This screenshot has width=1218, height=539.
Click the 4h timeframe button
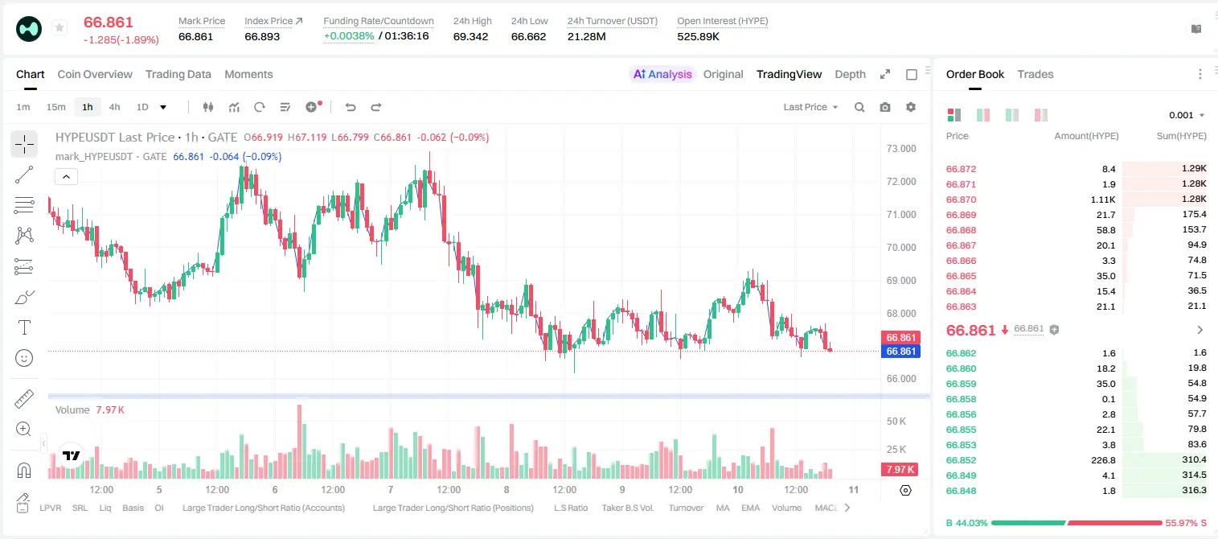114,107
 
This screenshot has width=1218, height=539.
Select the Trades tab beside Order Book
1036,74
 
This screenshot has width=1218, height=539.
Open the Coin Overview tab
95,74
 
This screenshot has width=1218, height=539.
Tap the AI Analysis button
662,74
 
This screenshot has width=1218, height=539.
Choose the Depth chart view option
850,74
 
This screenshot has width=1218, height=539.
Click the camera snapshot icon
885,107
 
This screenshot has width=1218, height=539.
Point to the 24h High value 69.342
471,36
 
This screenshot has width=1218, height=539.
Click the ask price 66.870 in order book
961,200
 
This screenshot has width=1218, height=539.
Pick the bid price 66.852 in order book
961,460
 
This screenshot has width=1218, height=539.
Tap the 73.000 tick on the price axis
901,149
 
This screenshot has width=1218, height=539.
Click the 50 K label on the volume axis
896,421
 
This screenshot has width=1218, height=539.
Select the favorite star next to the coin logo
59,27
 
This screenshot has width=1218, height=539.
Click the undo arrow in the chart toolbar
351,107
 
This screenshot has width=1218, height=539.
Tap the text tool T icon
24,327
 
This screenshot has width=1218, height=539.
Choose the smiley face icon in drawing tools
24,358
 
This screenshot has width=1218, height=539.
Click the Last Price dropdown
810,107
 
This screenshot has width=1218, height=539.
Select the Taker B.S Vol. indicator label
627,508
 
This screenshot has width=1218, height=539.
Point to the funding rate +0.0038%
349,36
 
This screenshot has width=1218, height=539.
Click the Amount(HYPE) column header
1086,136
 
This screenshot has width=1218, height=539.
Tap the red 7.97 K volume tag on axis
900,469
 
